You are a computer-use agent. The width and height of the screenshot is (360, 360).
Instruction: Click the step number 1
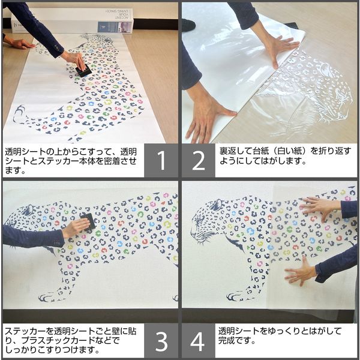click(161, 161)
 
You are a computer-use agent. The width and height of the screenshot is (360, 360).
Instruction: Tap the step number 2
click(199, 161)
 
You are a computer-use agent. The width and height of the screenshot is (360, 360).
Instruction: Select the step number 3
click(161, 341)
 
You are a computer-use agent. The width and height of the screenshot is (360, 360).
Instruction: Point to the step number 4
click(197, 341)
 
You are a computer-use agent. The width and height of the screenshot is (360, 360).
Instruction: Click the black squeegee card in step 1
click(83, 70)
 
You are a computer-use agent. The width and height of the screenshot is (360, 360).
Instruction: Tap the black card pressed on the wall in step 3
click(88, 221)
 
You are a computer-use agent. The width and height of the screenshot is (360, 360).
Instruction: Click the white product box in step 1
click(73, 20)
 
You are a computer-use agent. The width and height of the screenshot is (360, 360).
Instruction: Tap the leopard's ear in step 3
click(29, 208)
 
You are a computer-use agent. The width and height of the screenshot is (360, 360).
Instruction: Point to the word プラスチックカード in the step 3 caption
click(58, 341)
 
